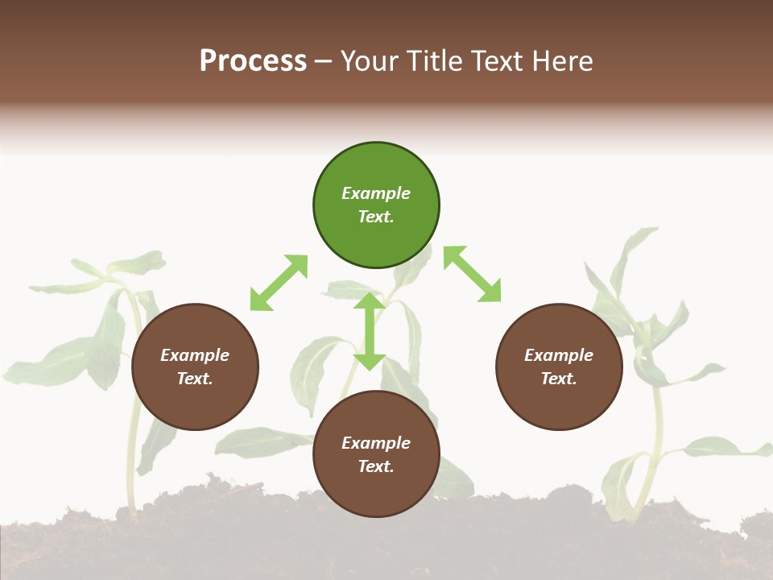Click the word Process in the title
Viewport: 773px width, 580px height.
pos(253,61)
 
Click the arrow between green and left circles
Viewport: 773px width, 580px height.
pos(279,283)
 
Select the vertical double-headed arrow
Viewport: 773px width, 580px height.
pos(370,331)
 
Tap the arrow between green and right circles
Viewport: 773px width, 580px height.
pos(472,275)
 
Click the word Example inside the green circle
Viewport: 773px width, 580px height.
pos(376,193)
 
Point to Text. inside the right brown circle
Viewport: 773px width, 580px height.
pos(559,379)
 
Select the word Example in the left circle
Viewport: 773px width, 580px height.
pos(195,355)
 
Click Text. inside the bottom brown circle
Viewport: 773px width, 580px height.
pos(376,466)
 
